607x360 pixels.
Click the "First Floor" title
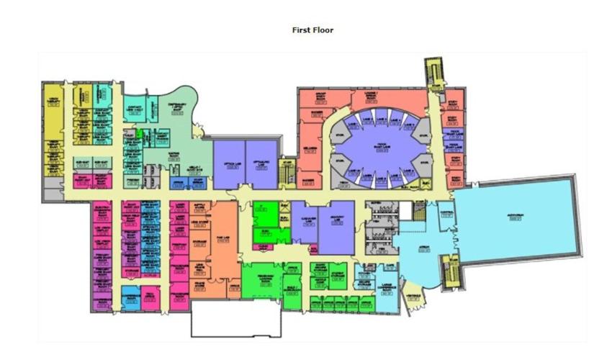313,30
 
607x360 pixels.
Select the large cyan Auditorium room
515,216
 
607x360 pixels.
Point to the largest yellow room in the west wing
53,108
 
